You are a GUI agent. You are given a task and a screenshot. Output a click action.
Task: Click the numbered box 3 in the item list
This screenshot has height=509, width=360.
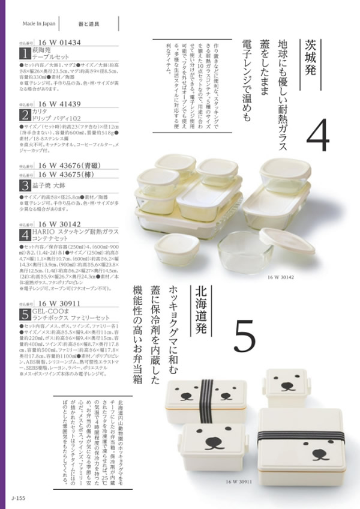(25, 185)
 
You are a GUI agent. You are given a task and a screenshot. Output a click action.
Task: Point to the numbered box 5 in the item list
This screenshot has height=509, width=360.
(25, 313)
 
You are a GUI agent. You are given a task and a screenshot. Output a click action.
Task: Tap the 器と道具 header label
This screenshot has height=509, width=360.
(89, 25)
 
